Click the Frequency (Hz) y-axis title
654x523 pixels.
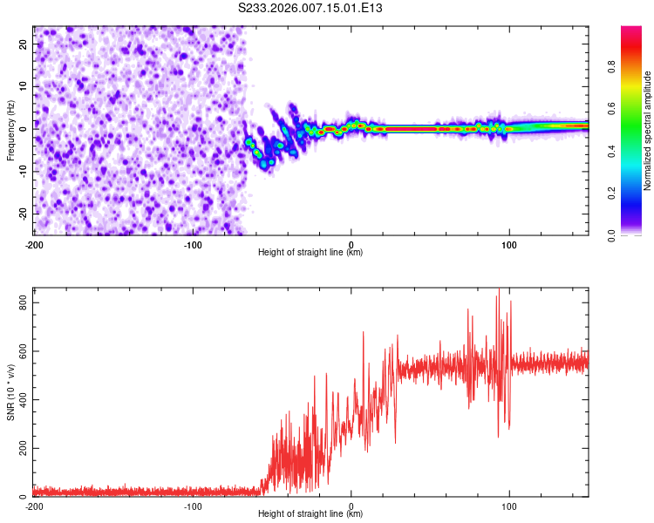tap(10, 131)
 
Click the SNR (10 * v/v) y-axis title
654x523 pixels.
tap(10, 394)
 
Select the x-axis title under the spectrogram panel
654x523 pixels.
tap(310, 253)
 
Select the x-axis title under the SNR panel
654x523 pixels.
tap(310, 514)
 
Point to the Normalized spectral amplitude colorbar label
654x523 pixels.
tap(648, 131)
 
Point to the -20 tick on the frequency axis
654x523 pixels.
tap(22, 214)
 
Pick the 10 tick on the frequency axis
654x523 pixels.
tap(24, 87)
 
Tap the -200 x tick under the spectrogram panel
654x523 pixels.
tap(34, 244)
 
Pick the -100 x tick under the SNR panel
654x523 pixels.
tap(193, 506)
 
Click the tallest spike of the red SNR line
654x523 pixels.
tap(499, 290)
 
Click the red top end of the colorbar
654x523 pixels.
tap(631, 30)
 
